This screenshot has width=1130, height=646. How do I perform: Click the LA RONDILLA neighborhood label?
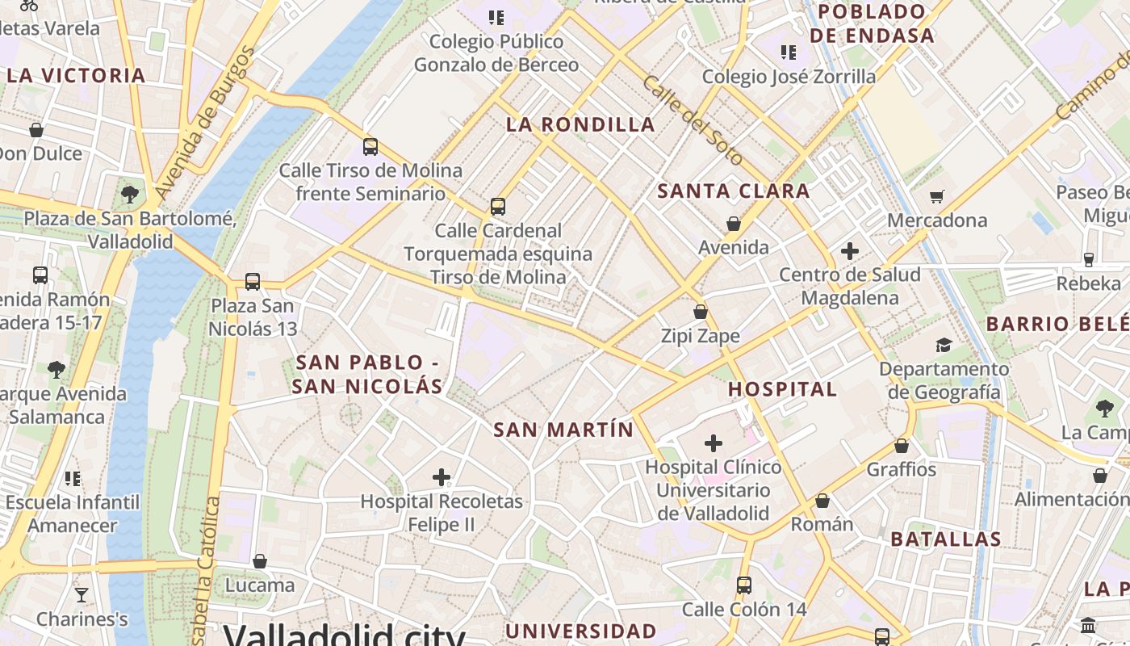[580, 124]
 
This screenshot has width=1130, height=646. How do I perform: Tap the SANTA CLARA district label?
[733, 191]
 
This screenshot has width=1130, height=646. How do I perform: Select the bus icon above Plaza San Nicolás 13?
[253, 282]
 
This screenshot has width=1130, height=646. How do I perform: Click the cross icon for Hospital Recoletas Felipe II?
[442, 477]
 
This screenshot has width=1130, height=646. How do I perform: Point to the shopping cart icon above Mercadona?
[937, 196]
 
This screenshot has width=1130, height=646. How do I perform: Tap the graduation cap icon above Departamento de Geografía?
[944, 346]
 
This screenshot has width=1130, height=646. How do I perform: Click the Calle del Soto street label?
[693, 120]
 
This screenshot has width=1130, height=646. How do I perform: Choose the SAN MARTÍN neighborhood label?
[563, 430]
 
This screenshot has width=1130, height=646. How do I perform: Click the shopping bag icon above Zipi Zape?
[701, 312]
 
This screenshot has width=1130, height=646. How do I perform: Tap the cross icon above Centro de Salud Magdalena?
[849, 251]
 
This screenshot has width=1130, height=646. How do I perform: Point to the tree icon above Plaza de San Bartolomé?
[129, 194]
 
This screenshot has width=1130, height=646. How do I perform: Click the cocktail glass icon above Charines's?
[82, 595]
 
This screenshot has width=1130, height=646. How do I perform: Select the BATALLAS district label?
[945, 539]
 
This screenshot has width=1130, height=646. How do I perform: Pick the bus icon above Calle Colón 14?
[744, 585]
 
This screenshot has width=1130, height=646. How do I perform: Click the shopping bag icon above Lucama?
[260, 560]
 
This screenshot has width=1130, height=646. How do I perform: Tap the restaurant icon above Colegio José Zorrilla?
[788, 52]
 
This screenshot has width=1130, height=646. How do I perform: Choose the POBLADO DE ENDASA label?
[872, 23]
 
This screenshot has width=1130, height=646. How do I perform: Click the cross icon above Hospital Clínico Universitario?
[714, 443]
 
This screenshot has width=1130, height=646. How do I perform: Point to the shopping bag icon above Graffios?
[902, 446]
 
